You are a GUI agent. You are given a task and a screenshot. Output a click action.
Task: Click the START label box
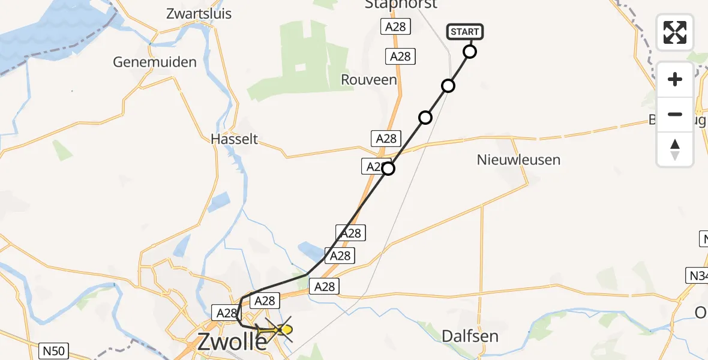[x=464, y=32]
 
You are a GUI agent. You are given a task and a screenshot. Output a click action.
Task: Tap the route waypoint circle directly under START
[x=470, y=52]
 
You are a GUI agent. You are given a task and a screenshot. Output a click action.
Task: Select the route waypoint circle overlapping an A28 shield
[x=388, y=169]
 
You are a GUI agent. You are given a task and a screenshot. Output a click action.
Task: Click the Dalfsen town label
[x=470, y=336]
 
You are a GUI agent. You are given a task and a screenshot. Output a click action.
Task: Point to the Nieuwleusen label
[x=518, y=160]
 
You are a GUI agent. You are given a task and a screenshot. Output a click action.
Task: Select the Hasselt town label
[x=234, y=139]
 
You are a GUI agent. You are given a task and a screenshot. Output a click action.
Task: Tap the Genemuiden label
[x=155, y=62]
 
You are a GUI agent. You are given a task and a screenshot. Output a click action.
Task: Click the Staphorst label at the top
[x=401, y=5]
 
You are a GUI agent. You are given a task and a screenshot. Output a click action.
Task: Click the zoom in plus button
[x=675, y=79]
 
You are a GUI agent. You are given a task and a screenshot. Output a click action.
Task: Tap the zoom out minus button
[x=675, y=114]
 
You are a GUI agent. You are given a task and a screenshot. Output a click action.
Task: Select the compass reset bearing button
[x=675, y=149]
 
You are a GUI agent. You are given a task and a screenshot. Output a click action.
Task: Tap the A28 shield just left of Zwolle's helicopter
[x=227, y=313]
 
